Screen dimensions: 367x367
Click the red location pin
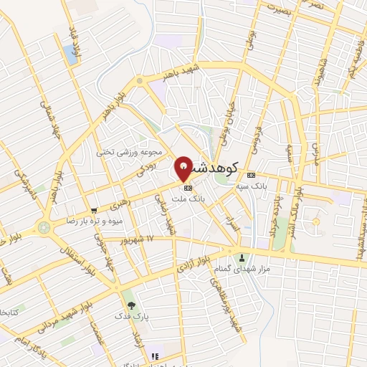pos(183,168)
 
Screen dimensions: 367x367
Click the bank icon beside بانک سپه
pos(250,175)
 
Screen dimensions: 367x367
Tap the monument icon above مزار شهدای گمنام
pos(242,257)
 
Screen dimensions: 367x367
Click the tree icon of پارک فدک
pos(130,305)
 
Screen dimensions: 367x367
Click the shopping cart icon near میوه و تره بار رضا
pos(94,211)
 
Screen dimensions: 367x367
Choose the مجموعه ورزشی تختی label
pos(140,152)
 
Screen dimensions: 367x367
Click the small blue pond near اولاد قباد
pos(70,52)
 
